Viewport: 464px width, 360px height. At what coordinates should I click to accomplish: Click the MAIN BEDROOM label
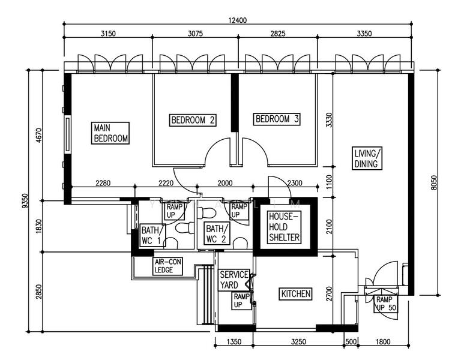pyautogui.click(x=110, y=133)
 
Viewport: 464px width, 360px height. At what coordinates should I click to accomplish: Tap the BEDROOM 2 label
pyautogui.click(x=193, y=120)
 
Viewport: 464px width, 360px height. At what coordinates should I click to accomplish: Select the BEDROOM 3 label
pyautogui.click(x=277, y=119)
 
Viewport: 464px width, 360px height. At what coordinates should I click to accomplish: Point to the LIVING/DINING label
pyautogui.click(x=367, y=158)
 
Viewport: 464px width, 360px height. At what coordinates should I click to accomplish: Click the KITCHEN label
pyautogui.click(x=295, y=294)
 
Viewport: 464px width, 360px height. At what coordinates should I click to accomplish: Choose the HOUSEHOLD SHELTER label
pyautogui.click(x=284, y=227)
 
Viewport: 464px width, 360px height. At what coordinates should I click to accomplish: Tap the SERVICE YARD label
pyautogui.click(x=234, y=280)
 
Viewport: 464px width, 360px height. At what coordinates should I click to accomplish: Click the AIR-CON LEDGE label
pyautogui.click(x=168, y=266)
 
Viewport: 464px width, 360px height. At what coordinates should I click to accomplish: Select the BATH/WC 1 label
pyautogui.click(x=152, y=235)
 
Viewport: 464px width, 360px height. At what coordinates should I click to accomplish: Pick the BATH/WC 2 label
pyautogui.click(x=217, y=233)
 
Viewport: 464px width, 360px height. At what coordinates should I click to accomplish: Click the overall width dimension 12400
pyautogui.click(x=237, y=20)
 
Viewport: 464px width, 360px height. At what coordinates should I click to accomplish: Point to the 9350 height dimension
pyautogui.click(x=25, y=201)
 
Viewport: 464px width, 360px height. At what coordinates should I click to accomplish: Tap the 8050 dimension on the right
pyautogui.click(x=434, y=182)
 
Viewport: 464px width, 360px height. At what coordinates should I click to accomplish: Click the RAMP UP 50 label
pyautogui.click(x=386, y=304)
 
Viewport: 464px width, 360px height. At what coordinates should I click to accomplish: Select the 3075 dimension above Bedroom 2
pyautogui.click(x=195, y=34)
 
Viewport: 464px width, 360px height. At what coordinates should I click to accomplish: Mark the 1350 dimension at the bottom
pyautogui.click(x=234, y=342)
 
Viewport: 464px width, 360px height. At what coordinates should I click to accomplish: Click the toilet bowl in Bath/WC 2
pyautogui.click(x=206, y=212)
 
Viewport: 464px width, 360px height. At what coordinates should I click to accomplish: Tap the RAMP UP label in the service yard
pyautogui.click(x=241, y=301)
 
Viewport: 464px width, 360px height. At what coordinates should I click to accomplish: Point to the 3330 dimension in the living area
pyautogui.click(x=329, y=120)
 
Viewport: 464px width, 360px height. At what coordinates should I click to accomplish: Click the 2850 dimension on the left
pyautogui.click(x=39, y=292)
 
